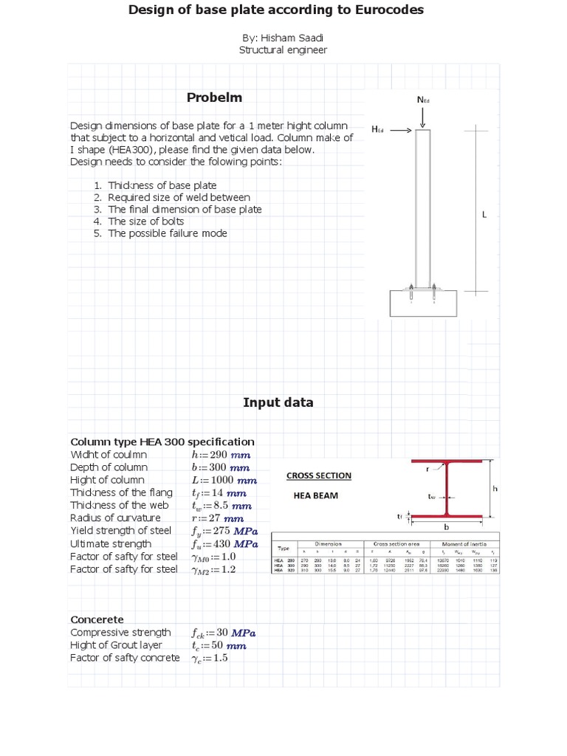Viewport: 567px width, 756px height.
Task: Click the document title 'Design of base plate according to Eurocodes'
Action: click(x=276, y=10)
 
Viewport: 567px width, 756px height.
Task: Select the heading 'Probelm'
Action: click(x=214, y=97)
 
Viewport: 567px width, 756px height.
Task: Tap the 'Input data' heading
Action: click(x=278, y=402)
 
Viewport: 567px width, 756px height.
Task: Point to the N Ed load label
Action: click(x=423, y=100)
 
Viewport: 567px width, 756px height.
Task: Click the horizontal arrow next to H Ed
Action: click(x=399, y=129)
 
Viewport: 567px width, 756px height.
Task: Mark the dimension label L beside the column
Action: click(x=484, y=215)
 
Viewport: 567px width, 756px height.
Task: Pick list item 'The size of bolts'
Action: click(x=145, y=221)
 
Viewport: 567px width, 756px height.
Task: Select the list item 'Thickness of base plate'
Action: click(x=162, y=185)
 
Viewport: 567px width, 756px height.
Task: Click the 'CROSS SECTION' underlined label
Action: click(x=318, y=475)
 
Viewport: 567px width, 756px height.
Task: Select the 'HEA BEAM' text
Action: click(x=315, y=495)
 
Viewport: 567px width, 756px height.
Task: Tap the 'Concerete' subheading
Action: click(x=97, y=619)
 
